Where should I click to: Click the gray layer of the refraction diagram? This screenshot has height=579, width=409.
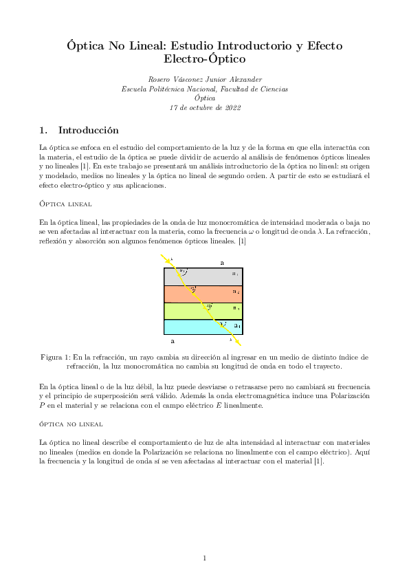tap(206, 276)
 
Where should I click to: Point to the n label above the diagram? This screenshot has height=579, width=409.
tap(221, 263)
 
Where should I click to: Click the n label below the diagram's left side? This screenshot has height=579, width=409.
tap(172, 341)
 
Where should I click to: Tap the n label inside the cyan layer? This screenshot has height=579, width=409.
tap(236, 325)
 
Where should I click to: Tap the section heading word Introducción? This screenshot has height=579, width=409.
tap(89, 130)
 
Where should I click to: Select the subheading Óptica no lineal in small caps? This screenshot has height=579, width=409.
tap(71, 424)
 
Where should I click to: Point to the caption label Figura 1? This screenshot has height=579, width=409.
tap(60, 358)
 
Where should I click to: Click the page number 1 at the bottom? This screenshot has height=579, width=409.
tap(205, 558)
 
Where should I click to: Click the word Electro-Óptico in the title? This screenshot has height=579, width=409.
tap(204, 60)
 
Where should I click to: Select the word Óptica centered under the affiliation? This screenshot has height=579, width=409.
tap(205, 98)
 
